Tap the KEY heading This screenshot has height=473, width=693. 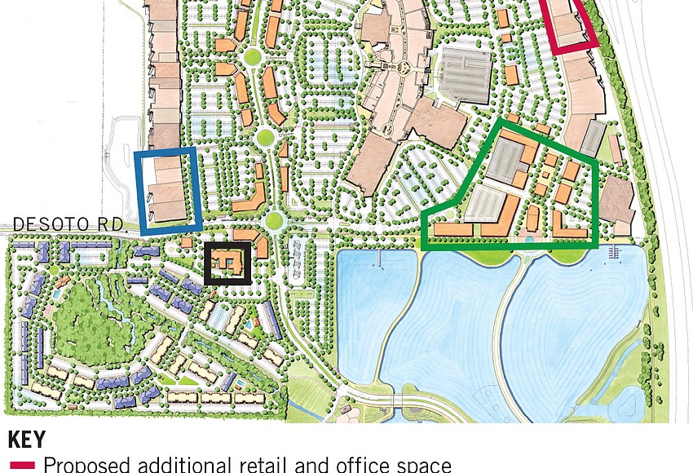(x=26, y=440)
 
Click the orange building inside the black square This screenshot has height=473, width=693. (x=227, y=262)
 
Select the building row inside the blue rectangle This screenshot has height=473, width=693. (x=171, y=189)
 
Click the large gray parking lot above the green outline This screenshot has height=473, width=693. (x=466, y=73)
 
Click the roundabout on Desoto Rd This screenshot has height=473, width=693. (x=273, y=219)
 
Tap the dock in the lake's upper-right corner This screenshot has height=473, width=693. (x=613, y=255)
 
